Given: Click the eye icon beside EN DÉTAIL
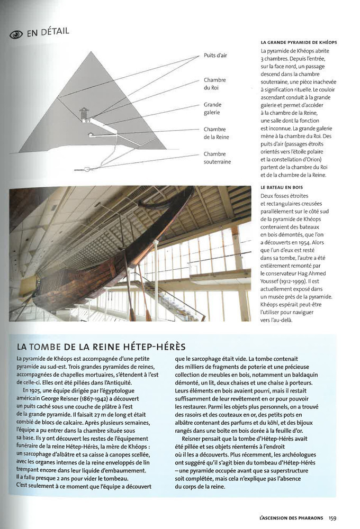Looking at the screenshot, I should (16, 34).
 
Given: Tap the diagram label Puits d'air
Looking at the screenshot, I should (215, 55).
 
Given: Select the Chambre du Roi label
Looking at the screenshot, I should (214, 84).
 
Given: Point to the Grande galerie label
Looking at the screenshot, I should (212, 108).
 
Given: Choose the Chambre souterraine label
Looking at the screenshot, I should (217, 158).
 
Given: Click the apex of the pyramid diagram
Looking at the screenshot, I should (93, 52).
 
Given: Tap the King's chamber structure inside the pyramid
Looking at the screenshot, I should (84, 113).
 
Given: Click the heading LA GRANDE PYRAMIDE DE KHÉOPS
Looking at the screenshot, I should (299, 42).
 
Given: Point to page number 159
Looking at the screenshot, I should (332, 518).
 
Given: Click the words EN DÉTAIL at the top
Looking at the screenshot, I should (48, 33).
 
